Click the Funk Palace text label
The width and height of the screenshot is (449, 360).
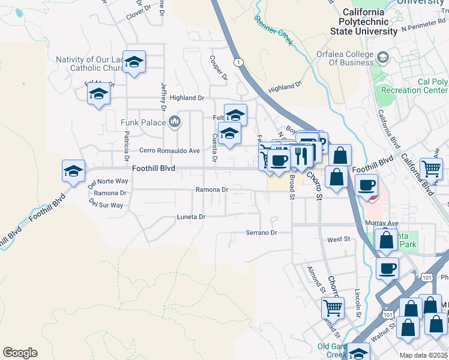[x=143, y=122]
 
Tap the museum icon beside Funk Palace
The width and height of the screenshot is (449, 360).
[x=175, y=122]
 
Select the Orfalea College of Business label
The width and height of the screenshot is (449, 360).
[x=345, y=58]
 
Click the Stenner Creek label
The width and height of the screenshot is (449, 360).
[x=273, y=31]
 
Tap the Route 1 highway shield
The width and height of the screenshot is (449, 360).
[x=239, y=62]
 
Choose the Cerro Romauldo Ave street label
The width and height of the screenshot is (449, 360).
[x=169, y=151]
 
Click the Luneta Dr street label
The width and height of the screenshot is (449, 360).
[x=191, y=217]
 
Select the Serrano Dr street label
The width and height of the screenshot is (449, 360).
[x=261, y=232]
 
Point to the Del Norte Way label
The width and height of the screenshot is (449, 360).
[x=108, y=181]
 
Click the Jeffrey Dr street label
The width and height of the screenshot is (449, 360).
[x=162, y=97]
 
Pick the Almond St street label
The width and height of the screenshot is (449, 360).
[x=312, y=277]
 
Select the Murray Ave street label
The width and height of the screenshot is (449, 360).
[x=382, y=223]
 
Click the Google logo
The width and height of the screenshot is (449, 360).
[x=20, y=353]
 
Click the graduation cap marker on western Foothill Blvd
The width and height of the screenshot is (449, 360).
[x=73, y=171]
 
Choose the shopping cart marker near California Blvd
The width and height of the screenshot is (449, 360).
[x=432, y=169]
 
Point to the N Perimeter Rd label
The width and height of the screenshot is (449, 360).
[x=424, y=28]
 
